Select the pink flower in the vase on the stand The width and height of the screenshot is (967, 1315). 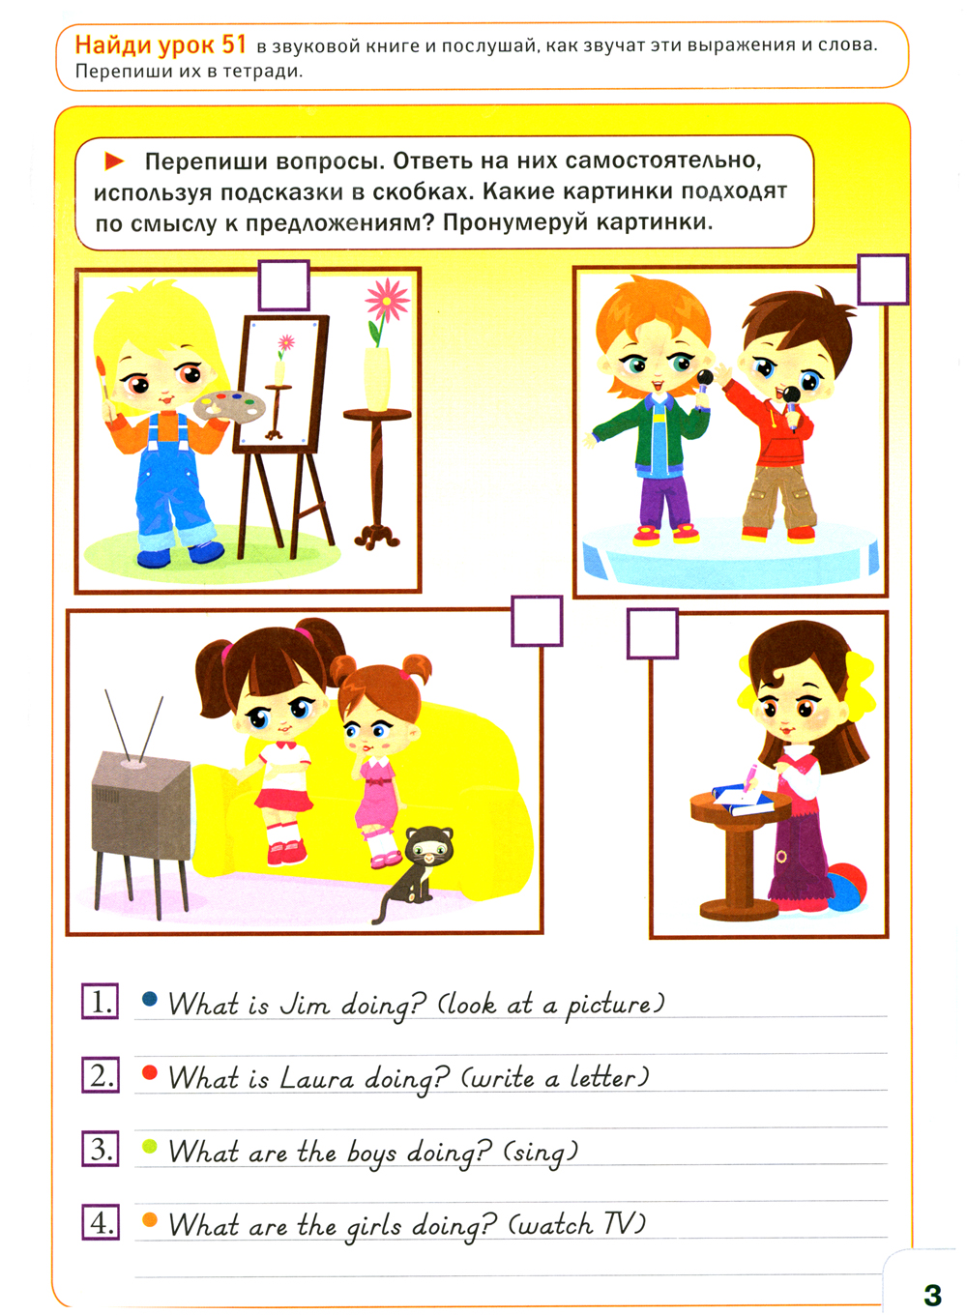(387, 301)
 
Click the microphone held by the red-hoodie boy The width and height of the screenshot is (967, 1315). (791, 406)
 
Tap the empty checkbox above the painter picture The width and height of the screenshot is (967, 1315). (284, 285)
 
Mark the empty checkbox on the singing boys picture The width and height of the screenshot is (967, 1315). (883, 279)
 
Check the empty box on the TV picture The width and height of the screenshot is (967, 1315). (537, 621)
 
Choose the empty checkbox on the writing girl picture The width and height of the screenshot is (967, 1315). (653, 633)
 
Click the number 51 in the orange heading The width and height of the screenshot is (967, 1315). (234, 44)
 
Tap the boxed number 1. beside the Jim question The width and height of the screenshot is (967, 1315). (100, 1002)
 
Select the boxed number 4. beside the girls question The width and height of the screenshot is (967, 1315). (101, 1224)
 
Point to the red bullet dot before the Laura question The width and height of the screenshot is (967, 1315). (150, 1072)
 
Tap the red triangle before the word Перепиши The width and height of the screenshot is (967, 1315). (114, 161)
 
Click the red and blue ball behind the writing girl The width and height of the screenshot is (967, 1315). (845, 887)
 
